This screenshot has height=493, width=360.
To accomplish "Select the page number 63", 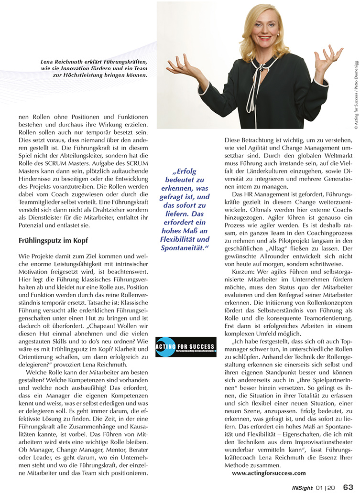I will [x=348, y=486].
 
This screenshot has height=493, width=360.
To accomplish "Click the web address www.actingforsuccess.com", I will [x=269, y=473].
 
